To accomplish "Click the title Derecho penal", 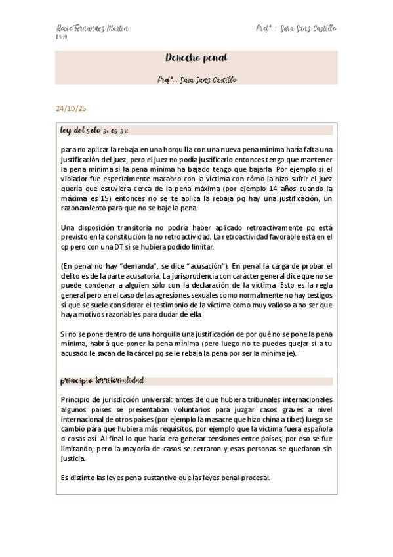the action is (x=196, y=58).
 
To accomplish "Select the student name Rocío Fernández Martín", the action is (x=93, y=29).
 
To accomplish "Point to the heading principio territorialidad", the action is (x=102, y=380).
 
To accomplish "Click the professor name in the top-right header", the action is (x=297, y=29).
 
